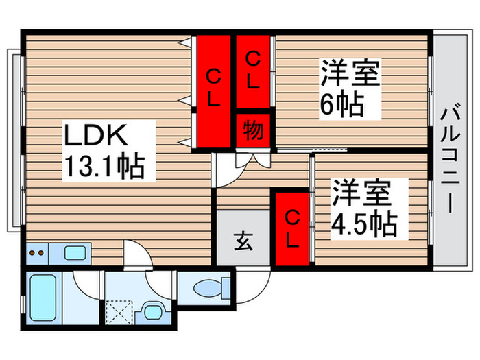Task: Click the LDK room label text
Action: [95, 136]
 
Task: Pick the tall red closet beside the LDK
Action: [213, 91]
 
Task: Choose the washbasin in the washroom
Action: [152, 314]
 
